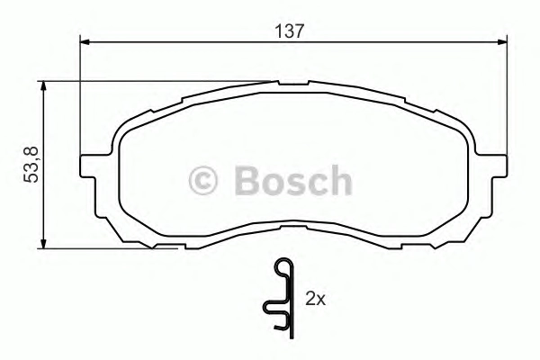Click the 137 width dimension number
pos(290,31)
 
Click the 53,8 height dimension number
pos(31,165)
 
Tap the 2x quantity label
pos(316,299)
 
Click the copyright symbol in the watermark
pos(202,181)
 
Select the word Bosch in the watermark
pos(293,180)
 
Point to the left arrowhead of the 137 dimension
pos(85,42)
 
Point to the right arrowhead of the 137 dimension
pos(502,42)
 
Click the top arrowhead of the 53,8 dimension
pos(43,86)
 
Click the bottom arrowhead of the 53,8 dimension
pos(43,243)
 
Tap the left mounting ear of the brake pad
pos(88,166)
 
